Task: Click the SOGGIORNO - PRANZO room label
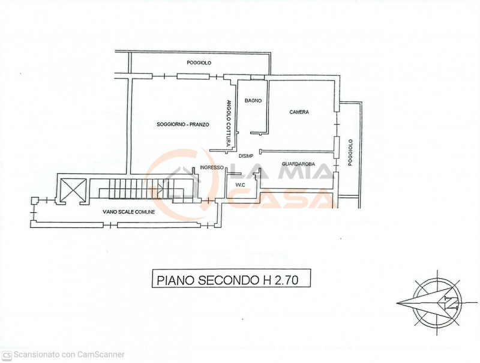[182, 124]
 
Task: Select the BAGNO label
[253, 100]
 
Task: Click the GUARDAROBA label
[298, 163]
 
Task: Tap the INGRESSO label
[212, 167]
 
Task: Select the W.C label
[240, 185]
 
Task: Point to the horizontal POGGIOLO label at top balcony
[199, 63]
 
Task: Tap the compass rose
[428, 304]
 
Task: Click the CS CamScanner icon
[7, 355]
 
